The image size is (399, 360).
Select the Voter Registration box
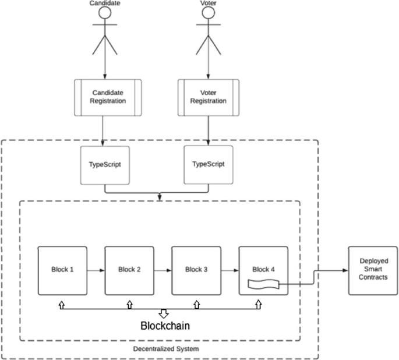(x=208, y=96)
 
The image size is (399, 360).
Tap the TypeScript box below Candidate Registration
(x=104, y=165)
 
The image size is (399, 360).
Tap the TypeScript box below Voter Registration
(x=208, y=165)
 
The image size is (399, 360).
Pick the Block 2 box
(x=129, y=270)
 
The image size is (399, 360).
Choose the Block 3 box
(x=196, y=270)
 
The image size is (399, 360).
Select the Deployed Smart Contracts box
(x=373, y=270)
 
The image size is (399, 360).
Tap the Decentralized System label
(x=165, y=348)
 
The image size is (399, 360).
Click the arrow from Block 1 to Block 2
(x=96, y=270)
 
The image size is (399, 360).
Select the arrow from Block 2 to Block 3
(x=163, y=270)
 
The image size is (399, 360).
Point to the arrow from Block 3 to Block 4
(x=229, y=270)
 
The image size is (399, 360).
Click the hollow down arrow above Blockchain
(x=164, y=313)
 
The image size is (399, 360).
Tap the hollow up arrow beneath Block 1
(x=61, y=304)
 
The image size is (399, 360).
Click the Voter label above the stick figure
(x=208, y=3)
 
